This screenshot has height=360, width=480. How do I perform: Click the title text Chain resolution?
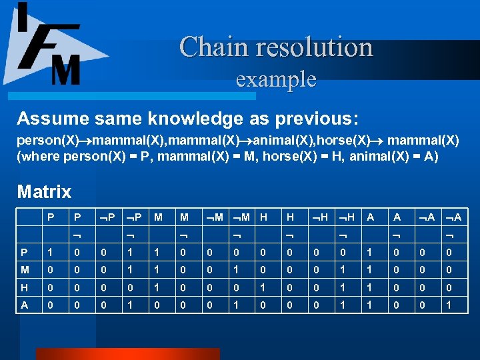pyautogui.click(x=275, y=47)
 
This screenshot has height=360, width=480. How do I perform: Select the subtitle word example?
pyautogui.click(x=276, y=79)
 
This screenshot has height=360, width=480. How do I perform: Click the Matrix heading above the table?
pyautogui.click(x=44, y=192)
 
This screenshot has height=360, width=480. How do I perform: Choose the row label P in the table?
pyautogui.click(x=25, y=253)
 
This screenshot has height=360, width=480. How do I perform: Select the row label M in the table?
pyautogui.click(x=25, y=270)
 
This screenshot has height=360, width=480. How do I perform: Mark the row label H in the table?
pyautogui.click(x=25, y=287)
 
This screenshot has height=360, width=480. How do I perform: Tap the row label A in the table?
pyautogui.click(x=25, y=305)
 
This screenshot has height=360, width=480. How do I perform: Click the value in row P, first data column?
pyautogui.click(x=50, y=253)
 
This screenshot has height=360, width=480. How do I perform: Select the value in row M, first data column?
pyautogui.click(x=50, y=270)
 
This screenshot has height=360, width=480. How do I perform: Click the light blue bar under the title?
pyautogui.click(x=133, y=96)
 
